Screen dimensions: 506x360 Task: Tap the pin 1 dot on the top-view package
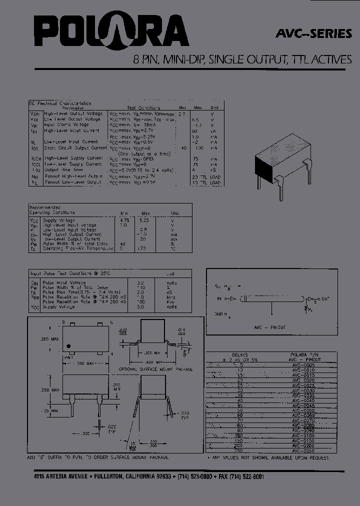69,345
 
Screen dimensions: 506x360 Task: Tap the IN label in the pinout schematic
219,298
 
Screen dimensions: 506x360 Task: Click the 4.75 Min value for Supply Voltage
124,220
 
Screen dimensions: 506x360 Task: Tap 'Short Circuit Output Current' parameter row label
75,148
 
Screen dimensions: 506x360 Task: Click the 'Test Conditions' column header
143,108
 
